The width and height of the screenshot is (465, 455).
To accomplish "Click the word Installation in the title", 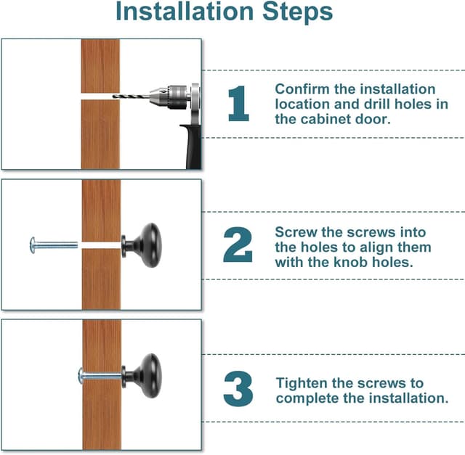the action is (185, 12).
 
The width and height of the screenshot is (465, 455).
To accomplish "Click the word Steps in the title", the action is (297, 12).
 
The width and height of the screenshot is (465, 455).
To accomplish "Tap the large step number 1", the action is (238, 103).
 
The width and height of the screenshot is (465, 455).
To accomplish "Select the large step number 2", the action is (238, 245).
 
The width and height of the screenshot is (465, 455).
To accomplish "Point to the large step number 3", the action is (238, 388).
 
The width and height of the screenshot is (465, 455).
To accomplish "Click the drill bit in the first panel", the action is (131, 96).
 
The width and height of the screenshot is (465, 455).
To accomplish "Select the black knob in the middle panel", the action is (142, 245).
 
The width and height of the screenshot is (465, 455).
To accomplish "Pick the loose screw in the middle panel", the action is (54, 245).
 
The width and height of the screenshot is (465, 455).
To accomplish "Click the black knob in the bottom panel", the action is (142, 375).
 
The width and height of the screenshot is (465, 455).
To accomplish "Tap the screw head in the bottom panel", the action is (81, 376).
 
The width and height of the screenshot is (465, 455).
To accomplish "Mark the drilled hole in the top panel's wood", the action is (100, 97).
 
